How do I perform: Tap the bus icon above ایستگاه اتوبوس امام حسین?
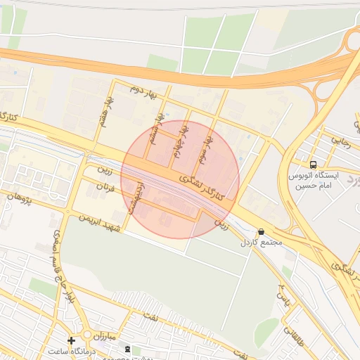(314, 165)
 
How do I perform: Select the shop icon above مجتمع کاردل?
(261, 231)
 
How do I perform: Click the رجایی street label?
(340, 141)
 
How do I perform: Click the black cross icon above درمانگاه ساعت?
(71, 340)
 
